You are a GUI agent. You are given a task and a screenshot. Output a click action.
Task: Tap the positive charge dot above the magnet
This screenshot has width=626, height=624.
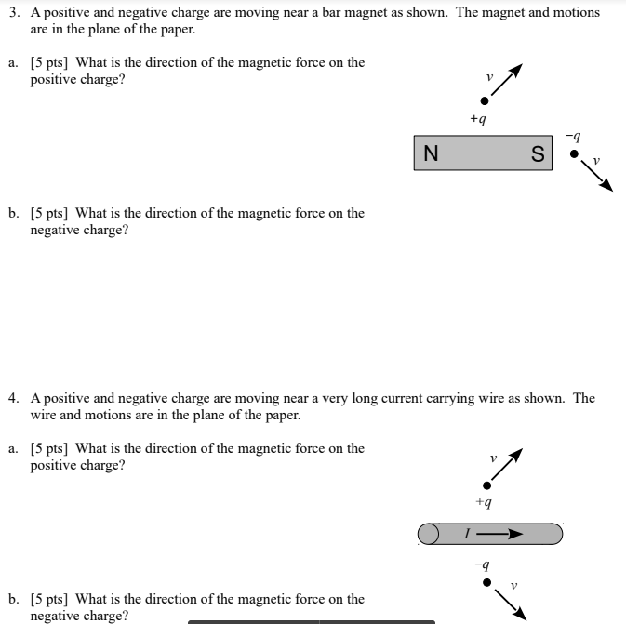click(x=484, y=100)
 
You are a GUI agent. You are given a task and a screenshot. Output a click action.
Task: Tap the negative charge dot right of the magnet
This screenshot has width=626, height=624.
click(x=574, y=153)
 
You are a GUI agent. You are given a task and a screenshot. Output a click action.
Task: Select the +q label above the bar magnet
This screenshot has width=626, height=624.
click(x=477, y=119)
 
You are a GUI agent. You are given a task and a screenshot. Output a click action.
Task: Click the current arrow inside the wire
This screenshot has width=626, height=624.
click(x=508, y=534)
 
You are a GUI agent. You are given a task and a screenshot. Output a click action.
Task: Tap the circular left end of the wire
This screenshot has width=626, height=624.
click(x=428, y=534)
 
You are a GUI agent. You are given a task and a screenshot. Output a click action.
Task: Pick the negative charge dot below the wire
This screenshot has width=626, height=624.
click(x=485, y=583)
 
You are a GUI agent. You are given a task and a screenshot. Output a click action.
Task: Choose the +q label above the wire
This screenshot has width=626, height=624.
click(x=482, y=503)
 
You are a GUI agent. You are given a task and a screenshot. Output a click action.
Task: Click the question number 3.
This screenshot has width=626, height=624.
click(x=13, y=13)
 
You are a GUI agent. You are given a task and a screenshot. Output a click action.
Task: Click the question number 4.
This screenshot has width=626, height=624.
click(x=13, y=398)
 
